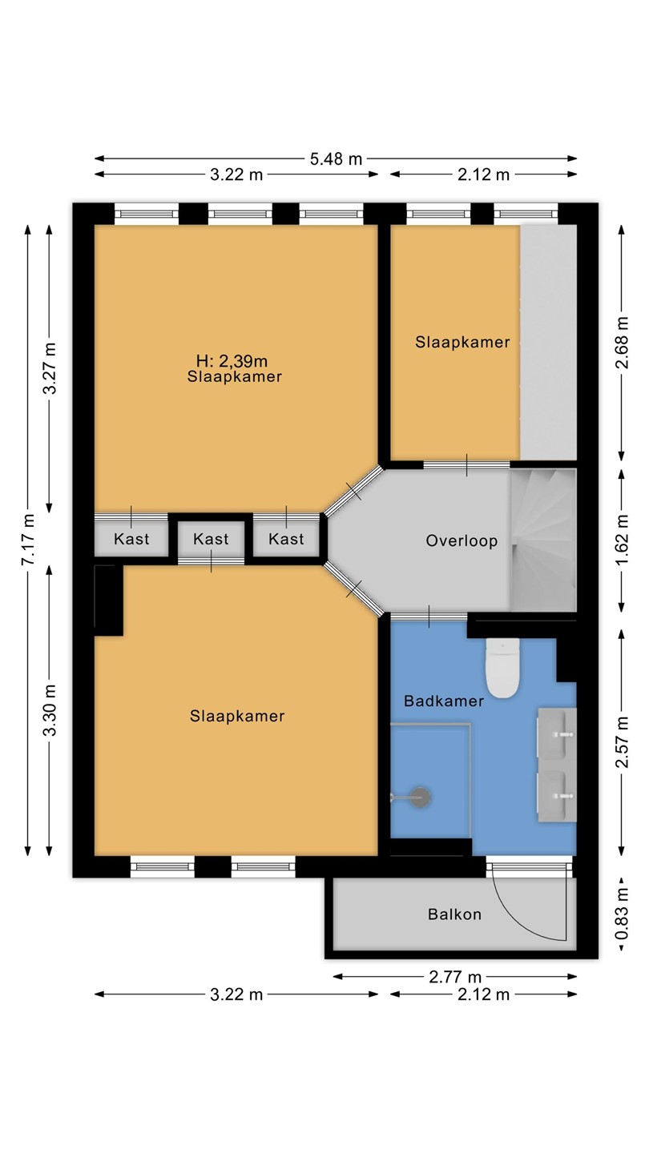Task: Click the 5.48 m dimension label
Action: pyautogui.click(x=336, y=159)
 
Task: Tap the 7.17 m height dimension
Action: pyautogui.click(x=29, y=540)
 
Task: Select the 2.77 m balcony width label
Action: pyautogui.click(x=455, y=977)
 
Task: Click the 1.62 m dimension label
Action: pyautogui.click(x=622, y=540)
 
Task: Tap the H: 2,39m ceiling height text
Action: pyautogui.click(x=232, y=361)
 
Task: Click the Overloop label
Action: pyautogui.click(x=462, y=541)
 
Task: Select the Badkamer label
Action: pyautogui.click(x=444, y=701)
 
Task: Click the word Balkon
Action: pyautogui.click(x=454, y=914)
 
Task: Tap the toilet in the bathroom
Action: pyautogui.click(x=502, y=668)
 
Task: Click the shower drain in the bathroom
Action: pyautogui.click(x=421, y=797)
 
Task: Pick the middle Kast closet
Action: pyautogui.click(x=211, y=539)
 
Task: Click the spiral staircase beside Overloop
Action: pyautogui.click(x=543, y=540)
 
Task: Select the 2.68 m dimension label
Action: pyautogui.click(x=622, y=343)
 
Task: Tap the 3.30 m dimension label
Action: pyautogui.click(x=50, y=710)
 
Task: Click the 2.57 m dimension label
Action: pyautogui.click(x=622, y=741)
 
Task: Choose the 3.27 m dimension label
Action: pyautogui.click(x=50, y=368)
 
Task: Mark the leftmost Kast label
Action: pyautogui.click(x=131, y=539)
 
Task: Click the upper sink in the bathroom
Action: pyautogui.click(x=557, y=733)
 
